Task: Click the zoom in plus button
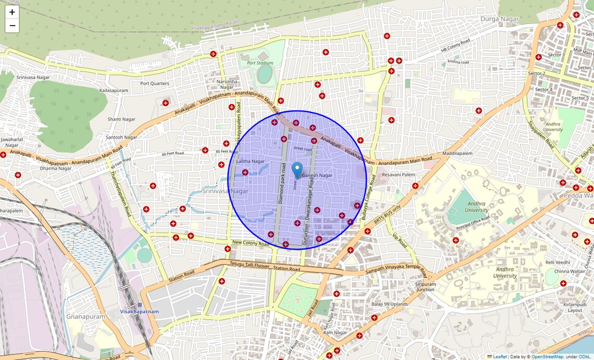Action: (12, 12)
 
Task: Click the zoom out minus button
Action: (12, 26)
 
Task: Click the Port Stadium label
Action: (260, 63)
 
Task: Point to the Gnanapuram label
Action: (85, 316)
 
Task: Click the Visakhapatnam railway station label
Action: (139, 311)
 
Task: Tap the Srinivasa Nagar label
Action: (225, 191)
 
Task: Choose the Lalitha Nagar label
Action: (251, 162)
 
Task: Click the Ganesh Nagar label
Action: (317, 176)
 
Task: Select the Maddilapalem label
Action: (457, 154)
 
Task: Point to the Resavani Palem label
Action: (399, 175)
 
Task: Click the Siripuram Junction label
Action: (425, 287)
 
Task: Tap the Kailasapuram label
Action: (114, 91)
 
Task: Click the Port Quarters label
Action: (155, 83)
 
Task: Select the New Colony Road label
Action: (251, 243)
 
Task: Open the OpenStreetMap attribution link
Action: (547, 357)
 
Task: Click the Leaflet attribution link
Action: (500, 357)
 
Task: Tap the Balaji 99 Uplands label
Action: (389, 304)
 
